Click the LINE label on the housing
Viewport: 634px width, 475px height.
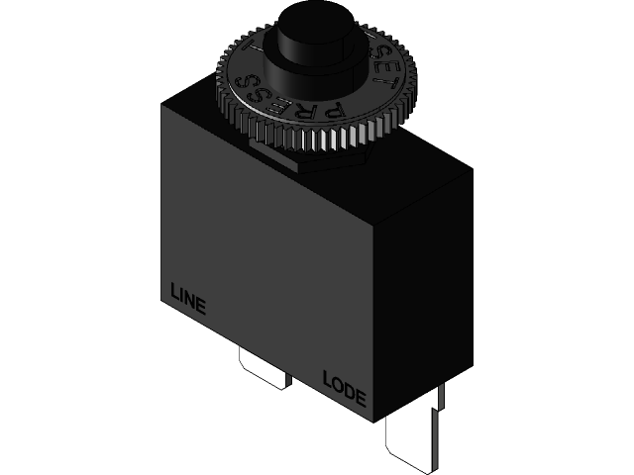tap(188, 299)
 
